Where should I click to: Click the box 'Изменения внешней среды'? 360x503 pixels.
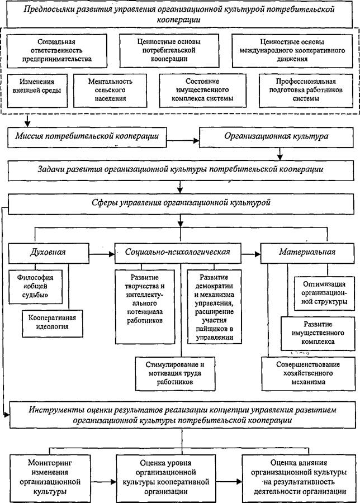(37, 91)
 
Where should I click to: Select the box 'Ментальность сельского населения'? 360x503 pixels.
(110, 91)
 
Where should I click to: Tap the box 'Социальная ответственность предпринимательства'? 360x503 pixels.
(57, 51)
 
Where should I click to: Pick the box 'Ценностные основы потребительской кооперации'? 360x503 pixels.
(169, 51)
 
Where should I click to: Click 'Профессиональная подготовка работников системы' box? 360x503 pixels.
(306, 91)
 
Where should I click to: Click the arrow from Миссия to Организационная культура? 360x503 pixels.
(183, 140)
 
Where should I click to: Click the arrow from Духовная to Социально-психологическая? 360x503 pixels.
(102, 254)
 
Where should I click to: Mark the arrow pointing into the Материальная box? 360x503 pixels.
(251, 254)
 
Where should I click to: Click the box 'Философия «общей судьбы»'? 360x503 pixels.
(35, 287)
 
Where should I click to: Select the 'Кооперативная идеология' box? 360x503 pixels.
(53, 323)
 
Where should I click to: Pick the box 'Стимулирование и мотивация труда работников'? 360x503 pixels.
(175, 373)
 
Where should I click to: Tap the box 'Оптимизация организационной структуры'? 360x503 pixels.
(324, 293)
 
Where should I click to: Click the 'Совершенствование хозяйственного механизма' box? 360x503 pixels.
(309, 373)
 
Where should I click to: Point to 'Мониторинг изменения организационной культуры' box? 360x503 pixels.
(50, 478)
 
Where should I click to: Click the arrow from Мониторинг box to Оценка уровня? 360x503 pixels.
(103, 482)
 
